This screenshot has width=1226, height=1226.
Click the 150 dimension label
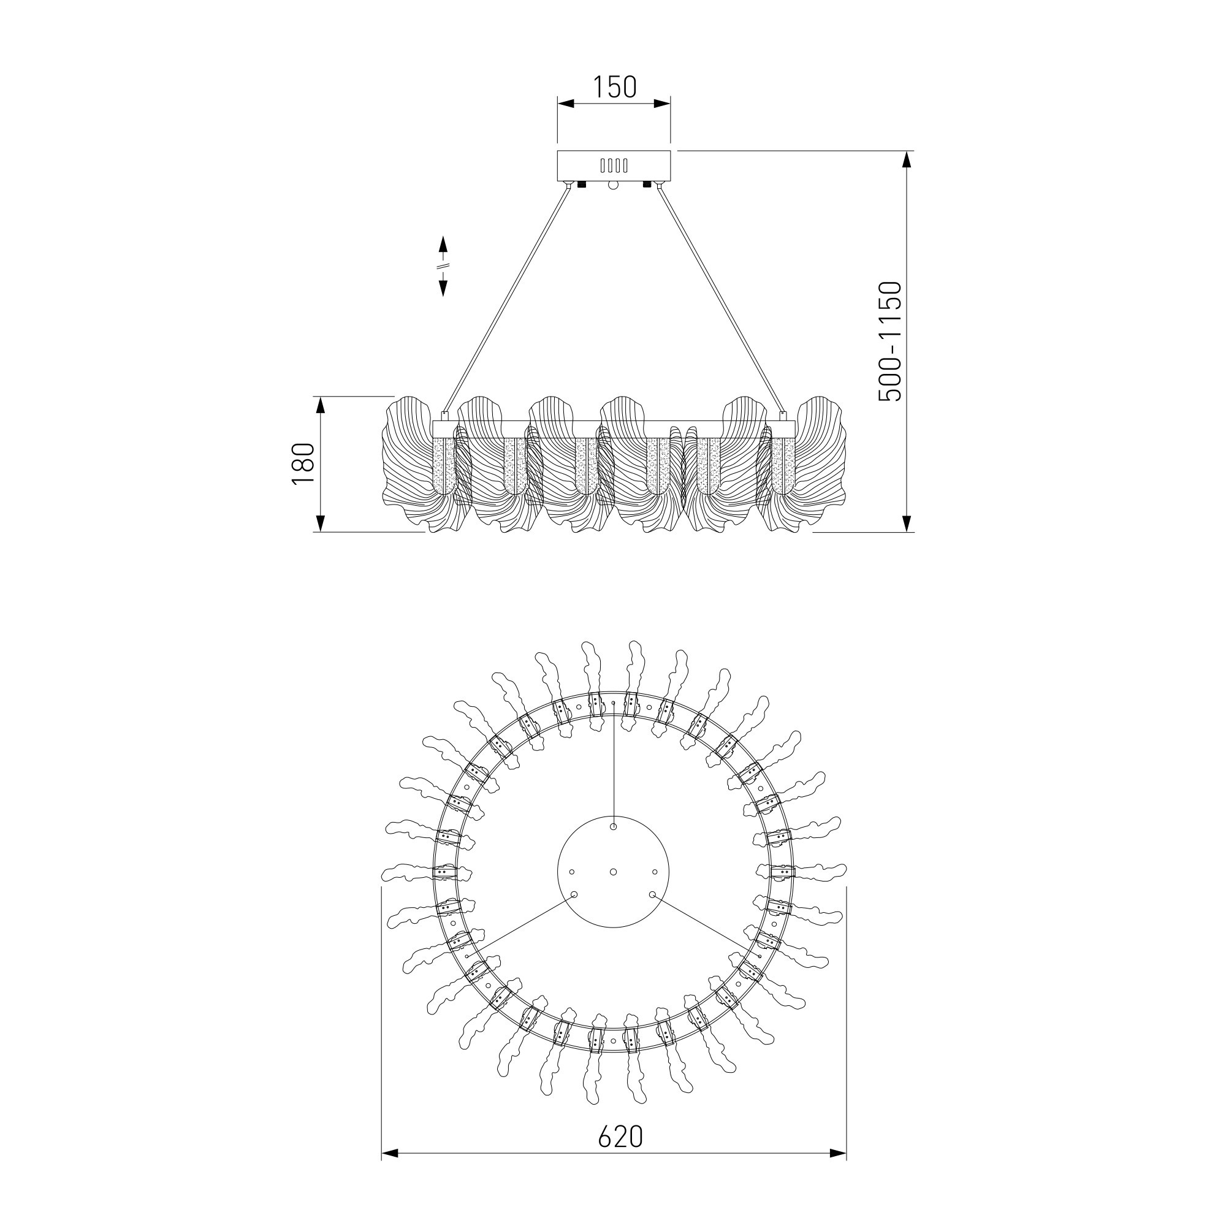[614, 87]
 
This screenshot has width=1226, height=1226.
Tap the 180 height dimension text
[303, 464]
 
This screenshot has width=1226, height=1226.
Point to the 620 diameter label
[620, 1137]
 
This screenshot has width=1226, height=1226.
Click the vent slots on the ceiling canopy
[614, 166]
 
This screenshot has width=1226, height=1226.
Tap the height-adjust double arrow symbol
[444, 266]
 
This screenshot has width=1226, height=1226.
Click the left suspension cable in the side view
[505, 299]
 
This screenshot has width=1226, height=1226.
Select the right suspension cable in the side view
[722, 299]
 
